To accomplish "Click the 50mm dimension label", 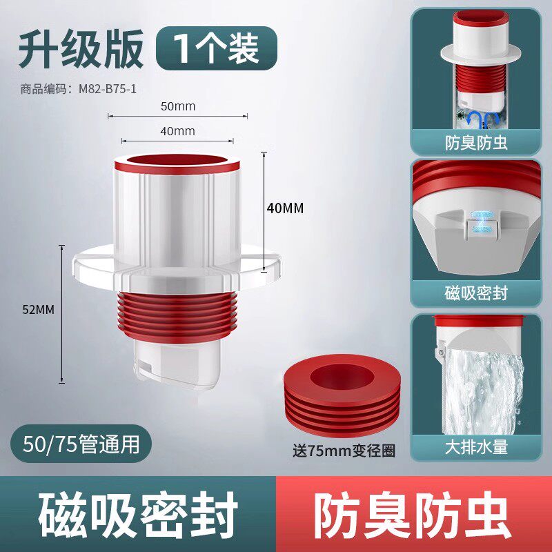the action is [x=178, y=106].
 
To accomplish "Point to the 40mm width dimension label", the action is [x=177, y=131].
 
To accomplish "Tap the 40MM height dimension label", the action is [x=285, y=208].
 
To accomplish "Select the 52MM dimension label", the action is [x=39, y=310].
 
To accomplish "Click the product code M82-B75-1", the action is [x=78, y=89].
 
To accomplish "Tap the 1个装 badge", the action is [x=217, y=48].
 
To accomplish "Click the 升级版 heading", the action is [x=81, y=48].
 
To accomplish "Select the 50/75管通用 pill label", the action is [x=81, y=444].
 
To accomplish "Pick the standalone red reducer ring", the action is [x=342, y=395].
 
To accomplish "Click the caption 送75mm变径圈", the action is [x=344, y=451].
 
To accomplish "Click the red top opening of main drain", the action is [x=177, y=164].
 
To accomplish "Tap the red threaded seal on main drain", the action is [x=177, y=317].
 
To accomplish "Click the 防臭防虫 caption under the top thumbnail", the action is [x=476, y=144].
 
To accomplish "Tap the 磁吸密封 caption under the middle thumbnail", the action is [x=476, y=293].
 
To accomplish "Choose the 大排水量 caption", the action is [x=476, y=447].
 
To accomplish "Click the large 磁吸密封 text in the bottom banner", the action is [x=138, y=515].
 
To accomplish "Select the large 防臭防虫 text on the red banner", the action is [x=413, y=515].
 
